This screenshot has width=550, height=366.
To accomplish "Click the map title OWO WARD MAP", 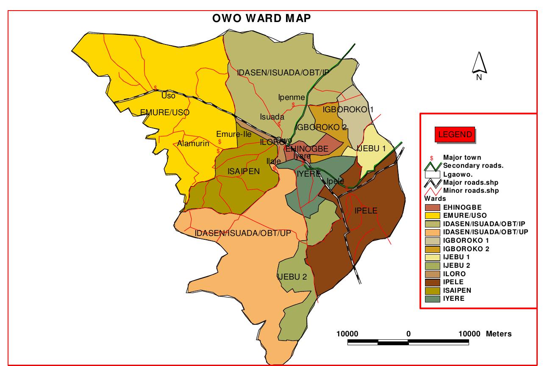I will [261, 18].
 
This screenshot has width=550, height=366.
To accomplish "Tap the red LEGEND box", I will [455, 135].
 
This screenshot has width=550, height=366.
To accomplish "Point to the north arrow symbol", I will [479, 64].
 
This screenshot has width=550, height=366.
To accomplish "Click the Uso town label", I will [168, 96].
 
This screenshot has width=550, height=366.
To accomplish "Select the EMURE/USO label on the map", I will [165, 112].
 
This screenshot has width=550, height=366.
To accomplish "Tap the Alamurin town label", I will [193, 144].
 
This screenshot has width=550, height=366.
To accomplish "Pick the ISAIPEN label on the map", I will [244, 171].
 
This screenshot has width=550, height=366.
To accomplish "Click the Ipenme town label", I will [292, 97].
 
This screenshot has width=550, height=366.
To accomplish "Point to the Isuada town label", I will [272, 117].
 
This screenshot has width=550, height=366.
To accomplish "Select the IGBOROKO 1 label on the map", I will [348, 109].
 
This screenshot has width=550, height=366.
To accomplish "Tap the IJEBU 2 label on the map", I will [292, 277].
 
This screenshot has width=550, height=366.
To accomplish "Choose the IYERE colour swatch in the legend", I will [432, 299].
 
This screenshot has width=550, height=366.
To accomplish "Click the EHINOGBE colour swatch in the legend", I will [432, 207].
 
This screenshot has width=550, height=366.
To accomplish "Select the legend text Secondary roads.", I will [473, 166].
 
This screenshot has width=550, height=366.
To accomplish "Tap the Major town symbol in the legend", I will [432, 158].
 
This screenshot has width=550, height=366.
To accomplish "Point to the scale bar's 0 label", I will [408, 334].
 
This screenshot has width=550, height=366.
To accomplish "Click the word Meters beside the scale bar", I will [499, 334].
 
